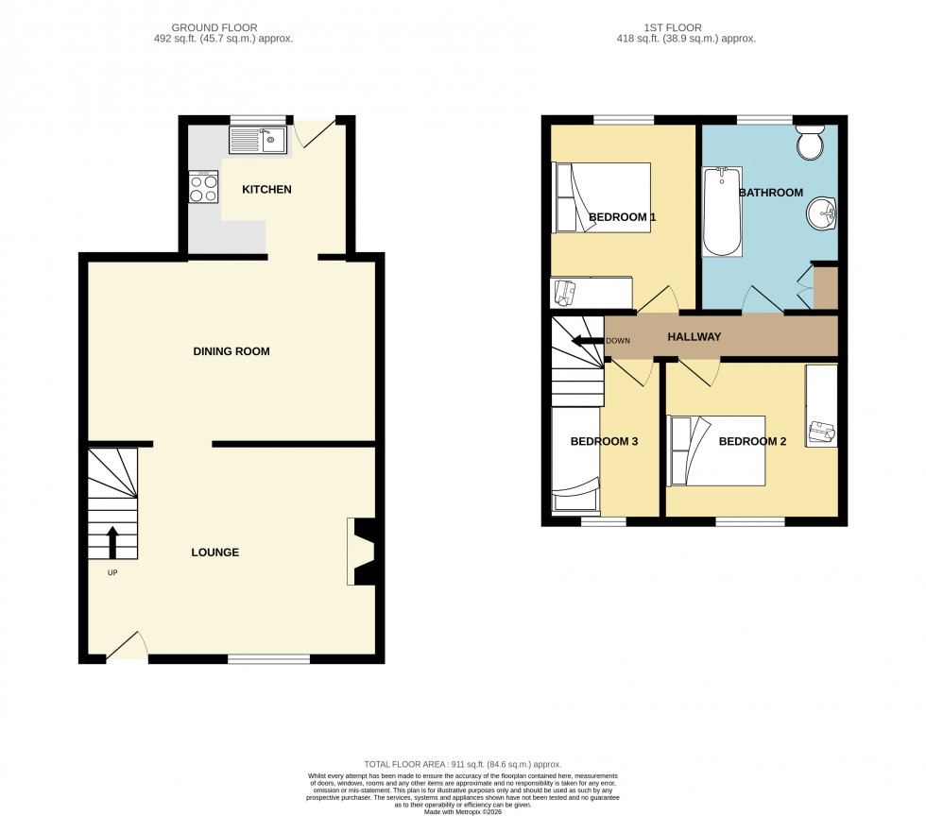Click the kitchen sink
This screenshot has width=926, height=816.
coord(257,142)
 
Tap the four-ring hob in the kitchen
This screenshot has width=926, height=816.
coord(202,186)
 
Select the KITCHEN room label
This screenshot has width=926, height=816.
coord(266,190)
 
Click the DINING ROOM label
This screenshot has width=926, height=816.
coord(231,351)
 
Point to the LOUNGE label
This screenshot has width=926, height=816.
coord(214,552)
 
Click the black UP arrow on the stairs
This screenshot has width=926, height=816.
coord(111,543)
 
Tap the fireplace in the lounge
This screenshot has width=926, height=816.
coord(362,552)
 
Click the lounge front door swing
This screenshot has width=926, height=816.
coord(128,646)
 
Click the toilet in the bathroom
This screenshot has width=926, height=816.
coord(810,144)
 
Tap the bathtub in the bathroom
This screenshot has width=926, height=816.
coord(722,212)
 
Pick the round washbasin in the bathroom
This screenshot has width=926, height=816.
coord(821,214)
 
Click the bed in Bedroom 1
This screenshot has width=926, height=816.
coord(602,197)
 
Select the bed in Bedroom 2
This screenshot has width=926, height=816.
coord(715,450)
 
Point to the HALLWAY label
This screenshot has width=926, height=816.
coord(694,337)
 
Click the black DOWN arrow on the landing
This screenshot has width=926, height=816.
coord(590,341)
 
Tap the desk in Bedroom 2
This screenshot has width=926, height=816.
coord(820,406)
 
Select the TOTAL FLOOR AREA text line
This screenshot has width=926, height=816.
coord(463,764)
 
